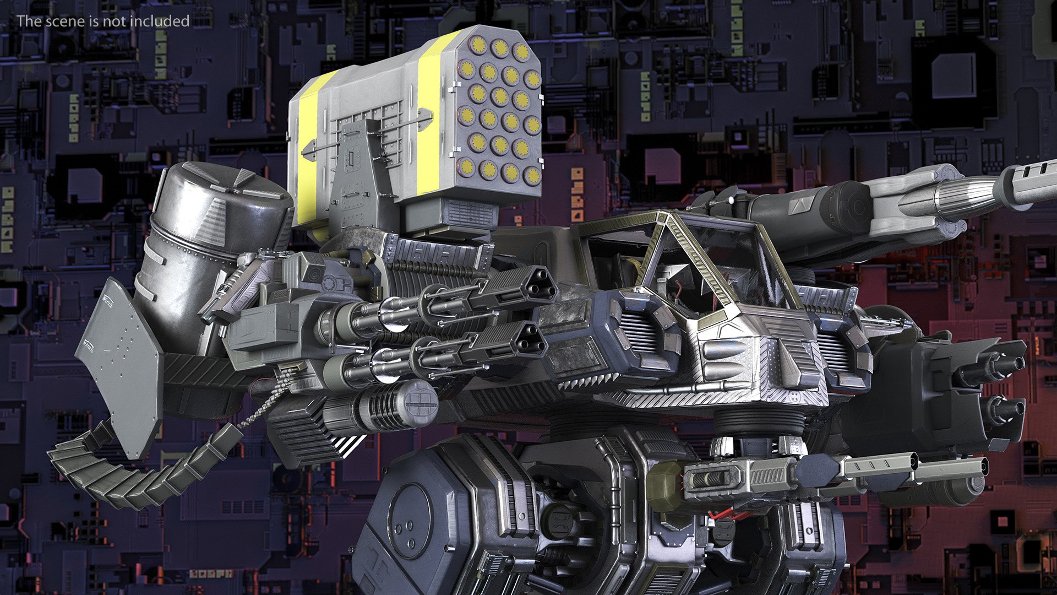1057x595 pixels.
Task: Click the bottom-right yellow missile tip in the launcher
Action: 532,176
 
